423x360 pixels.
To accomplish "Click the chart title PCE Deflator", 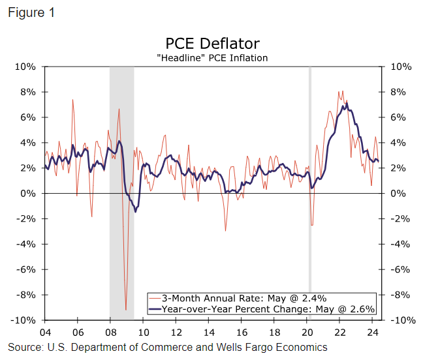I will pos(212,44).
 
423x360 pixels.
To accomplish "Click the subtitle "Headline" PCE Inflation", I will pos(212,58).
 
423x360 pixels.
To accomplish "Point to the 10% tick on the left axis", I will pos(26,67).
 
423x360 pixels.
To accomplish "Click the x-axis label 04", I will pos(44,331).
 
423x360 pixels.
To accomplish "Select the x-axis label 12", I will pos(175,331).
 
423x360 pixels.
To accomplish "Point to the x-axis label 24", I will pos(372,331).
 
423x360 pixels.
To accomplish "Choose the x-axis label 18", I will pos(274,331).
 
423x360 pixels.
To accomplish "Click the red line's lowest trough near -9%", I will pos(126,310).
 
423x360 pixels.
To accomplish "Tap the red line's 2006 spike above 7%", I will pos(72,100).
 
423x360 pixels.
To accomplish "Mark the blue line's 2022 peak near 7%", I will pos(347,104).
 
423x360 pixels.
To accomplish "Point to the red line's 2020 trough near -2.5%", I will pos(312,226).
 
